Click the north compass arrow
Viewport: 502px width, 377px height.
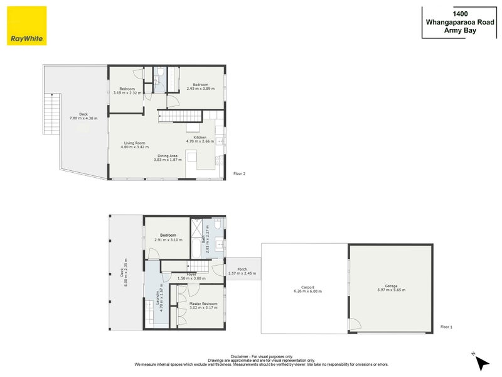(481, 362)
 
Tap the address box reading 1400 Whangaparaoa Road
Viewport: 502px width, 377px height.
(460, 22)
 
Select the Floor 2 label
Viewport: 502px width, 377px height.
(239, 173)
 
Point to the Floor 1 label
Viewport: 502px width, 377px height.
(446, 327)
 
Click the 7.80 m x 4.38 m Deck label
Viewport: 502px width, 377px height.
(83, 116)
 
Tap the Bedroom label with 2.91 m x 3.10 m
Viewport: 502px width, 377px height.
(168, 237)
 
